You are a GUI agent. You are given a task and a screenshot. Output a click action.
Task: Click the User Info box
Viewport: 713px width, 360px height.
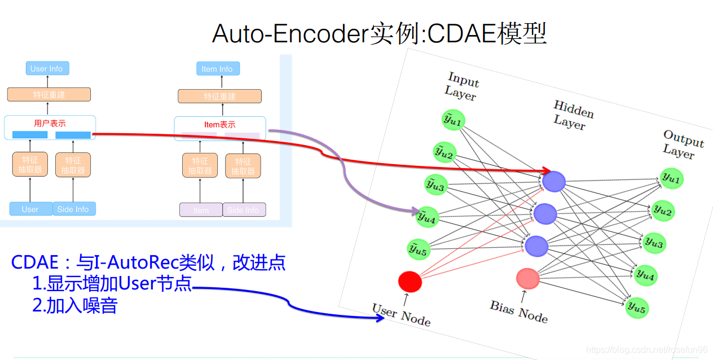(x=47, y=69)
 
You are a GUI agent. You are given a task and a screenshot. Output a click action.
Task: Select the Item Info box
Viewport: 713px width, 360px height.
(x=217, y=69)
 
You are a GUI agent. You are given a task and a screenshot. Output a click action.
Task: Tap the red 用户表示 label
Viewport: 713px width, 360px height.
(x=50, y=123)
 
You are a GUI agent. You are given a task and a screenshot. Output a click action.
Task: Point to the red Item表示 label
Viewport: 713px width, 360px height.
(x=219, y=125)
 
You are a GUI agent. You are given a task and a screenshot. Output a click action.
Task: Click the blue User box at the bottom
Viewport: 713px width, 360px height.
(x=30, y=209)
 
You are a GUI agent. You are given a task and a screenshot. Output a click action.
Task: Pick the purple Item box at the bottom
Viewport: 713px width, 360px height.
(x=201, y=210)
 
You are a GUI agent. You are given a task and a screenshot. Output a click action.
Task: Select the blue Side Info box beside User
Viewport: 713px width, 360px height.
(x=74, y=209)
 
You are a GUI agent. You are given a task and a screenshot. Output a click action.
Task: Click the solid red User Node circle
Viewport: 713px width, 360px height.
(x=410, y=282)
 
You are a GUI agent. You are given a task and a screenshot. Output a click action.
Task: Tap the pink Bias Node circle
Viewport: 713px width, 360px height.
(x=528, y=278)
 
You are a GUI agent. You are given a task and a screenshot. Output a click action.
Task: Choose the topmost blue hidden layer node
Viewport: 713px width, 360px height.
(x=554, y=181)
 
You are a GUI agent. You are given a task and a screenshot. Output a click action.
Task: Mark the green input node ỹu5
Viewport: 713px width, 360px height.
(x=418, y=249)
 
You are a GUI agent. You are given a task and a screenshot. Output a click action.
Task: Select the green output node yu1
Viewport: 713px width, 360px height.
(x=671, y=179)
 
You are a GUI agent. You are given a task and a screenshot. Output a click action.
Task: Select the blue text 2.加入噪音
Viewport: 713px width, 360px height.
(x=75, y=305)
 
